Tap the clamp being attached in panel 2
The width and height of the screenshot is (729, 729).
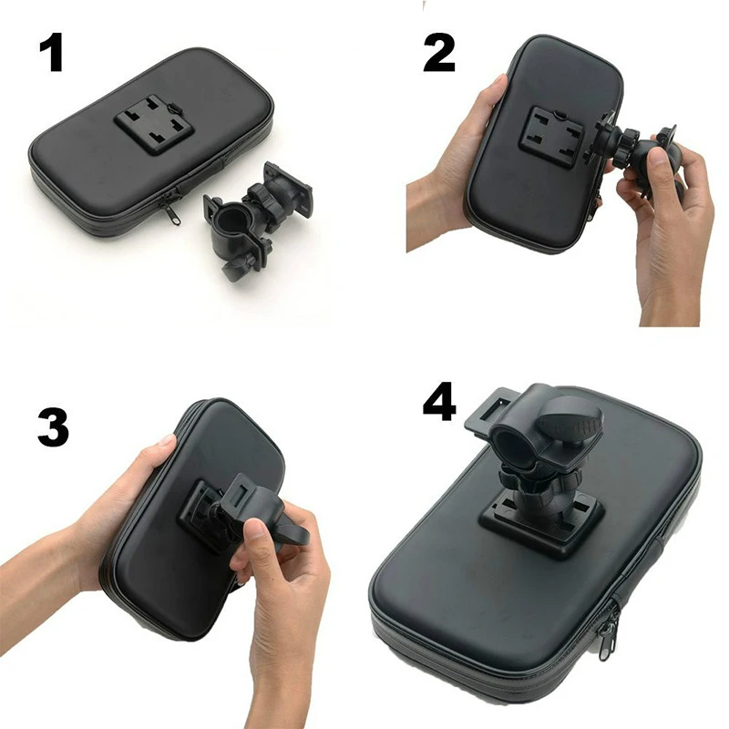click(x=638, y=159)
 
